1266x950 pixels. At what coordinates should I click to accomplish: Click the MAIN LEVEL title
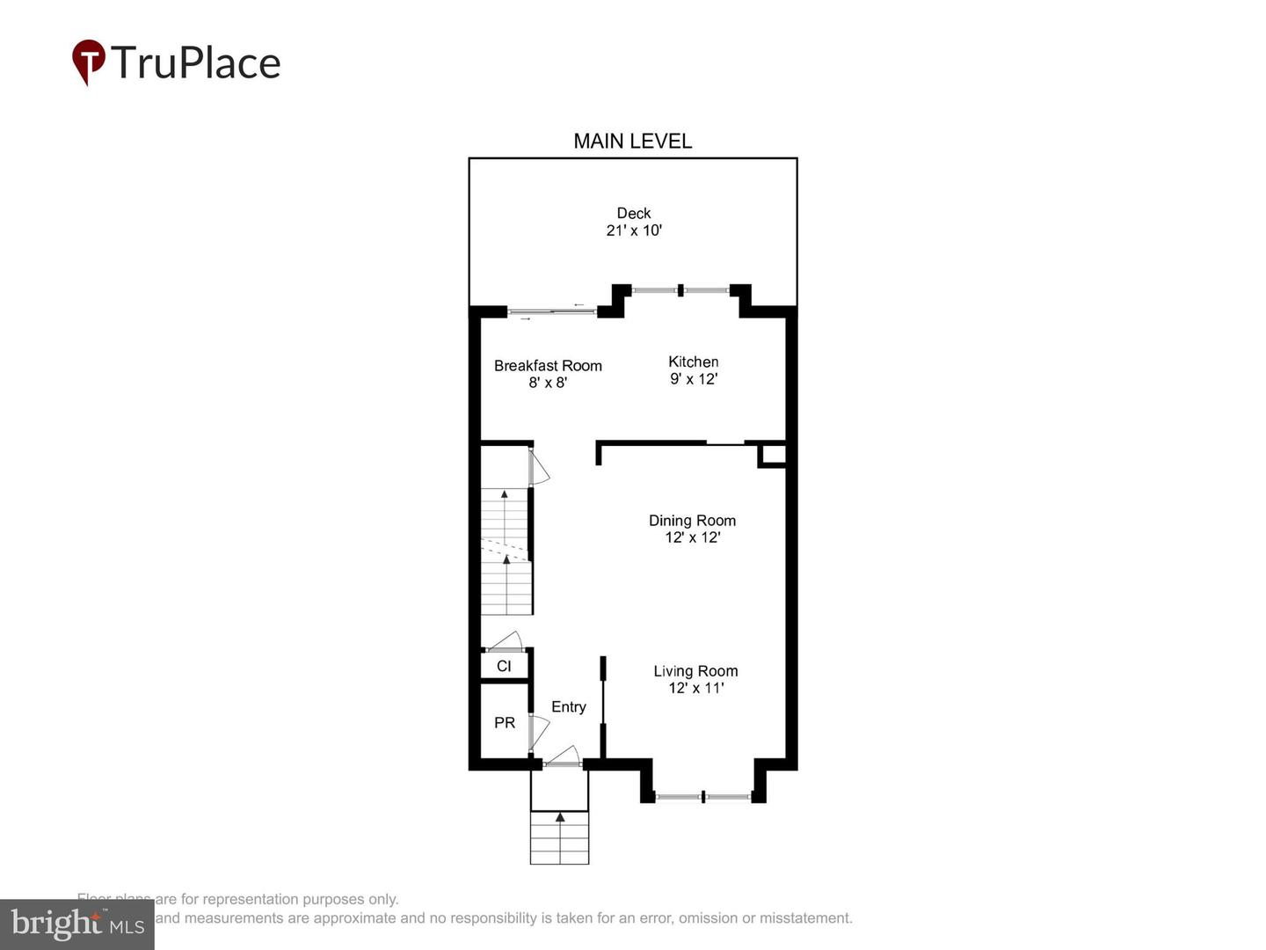[632, 141]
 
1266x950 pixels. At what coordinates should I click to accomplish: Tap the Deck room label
[633, 213]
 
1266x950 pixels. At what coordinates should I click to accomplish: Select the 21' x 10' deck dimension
[633, 230]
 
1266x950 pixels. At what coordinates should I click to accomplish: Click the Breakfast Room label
[548, 366]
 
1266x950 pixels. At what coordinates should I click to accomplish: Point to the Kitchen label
[693, 362]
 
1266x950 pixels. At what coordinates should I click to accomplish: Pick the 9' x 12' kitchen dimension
[694, 379]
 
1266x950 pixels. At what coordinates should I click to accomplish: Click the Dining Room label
[692, 521]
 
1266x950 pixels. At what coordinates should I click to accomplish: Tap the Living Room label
[695, 671]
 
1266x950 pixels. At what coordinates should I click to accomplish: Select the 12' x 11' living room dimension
[695, 688]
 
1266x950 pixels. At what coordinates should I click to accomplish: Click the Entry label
[568, 707]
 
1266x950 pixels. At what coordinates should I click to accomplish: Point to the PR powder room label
[505, 723]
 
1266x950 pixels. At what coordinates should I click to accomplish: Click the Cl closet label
[504, 666]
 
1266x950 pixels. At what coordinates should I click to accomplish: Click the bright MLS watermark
[77, 924]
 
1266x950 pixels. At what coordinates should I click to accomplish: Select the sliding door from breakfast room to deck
[552, 311]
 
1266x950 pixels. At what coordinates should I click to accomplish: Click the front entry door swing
[563, 756]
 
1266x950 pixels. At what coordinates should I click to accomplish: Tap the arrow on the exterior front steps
[560, 818]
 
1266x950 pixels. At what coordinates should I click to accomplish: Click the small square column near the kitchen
[772, 455]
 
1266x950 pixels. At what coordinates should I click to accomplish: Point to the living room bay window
[703, 797]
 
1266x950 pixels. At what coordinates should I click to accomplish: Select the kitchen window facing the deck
[681, 289]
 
